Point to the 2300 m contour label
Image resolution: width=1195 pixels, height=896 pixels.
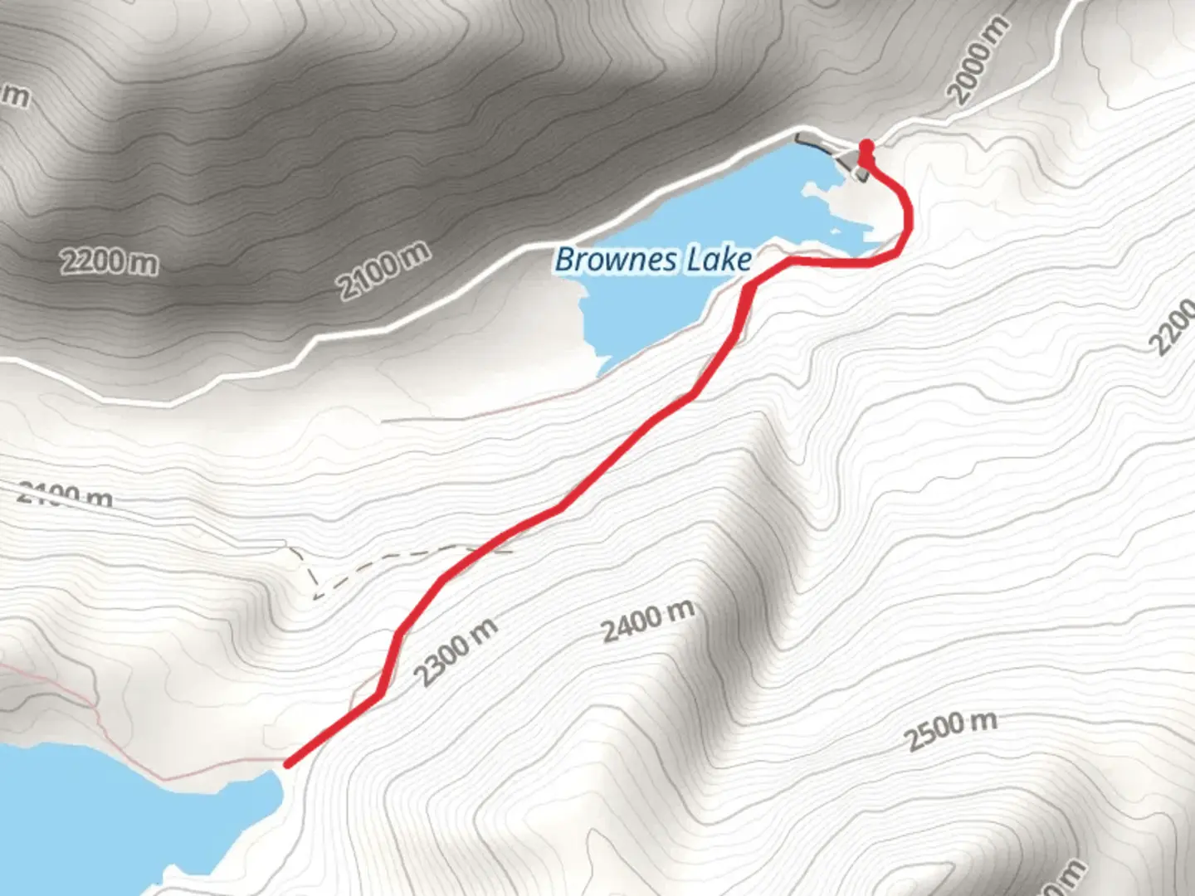click(456, 652)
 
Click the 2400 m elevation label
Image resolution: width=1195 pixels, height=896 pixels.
click(648, 621)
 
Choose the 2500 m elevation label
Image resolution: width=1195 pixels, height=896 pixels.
click(950, 730)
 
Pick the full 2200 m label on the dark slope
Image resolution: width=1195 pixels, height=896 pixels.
click(109, 262)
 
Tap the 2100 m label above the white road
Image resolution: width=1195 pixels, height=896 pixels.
click(383, 270)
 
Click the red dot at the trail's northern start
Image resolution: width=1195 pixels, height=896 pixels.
click(866, 147)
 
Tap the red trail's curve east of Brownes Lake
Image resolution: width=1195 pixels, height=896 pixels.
click(905, 220)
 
